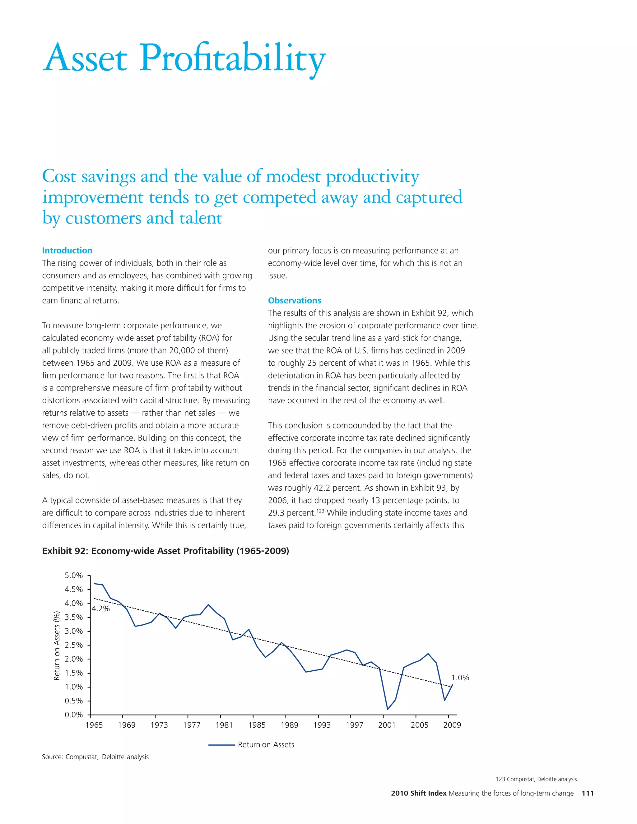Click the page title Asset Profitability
point(184,58)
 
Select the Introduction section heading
point(67,251)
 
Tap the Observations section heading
point(294,300)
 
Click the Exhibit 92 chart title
point(165,551)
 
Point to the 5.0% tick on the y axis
point(74,575)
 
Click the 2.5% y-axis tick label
point(74,645)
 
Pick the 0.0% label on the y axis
point(74,715)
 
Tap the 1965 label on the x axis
point(94,725)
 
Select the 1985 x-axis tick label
point(257,725)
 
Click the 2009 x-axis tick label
point(452,725)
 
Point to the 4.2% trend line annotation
point(101,609)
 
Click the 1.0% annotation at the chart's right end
point(460,678)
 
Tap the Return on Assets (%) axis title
point(57,646)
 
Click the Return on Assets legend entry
point(266,744)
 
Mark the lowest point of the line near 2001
point(388,709)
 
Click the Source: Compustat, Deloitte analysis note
point(95,757)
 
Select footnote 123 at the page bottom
point(537,779)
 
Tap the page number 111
point(588,793)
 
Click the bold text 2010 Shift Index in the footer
point(419,793)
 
